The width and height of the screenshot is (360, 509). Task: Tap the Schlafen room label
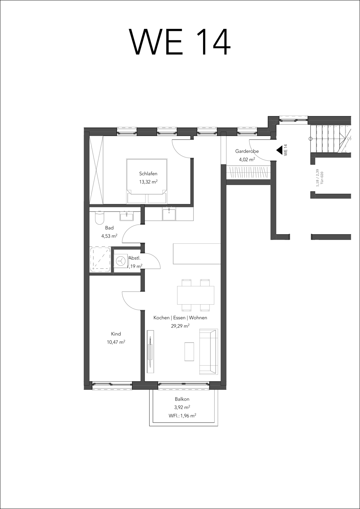[148, 174]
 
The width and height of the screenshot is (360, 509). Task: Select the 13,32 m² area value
[148, 182]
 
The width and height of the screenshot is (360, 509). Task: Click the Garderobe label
[247, 151]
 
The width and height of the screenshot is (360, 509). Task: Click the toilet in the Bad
[99, 218]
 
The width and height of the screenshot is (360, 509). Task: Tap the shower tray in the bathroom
[100, 260]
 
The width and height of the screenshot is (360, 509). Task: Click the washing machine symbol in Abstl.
[120, 261]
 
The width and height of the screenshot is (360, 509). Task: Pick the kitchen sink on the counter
[169, 215]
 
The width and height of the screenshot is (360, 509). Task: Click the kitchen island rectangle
[197, 253]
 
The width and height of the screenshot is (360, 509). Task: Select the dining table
[196, 295]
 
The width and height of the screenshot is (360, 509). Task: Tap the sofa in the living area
[208, 351]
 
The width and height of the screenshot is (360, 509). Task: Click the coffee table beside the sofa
[189, 351]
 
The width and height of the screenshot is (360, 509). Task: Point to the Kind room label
[116, 334]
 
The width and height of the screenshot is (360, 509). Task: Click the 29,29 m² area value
[180, 326]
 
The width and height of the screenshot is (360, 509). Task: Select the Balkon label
[182, 399]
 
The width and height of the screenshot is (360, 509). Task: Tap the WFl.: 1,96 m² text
[182, 415]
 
